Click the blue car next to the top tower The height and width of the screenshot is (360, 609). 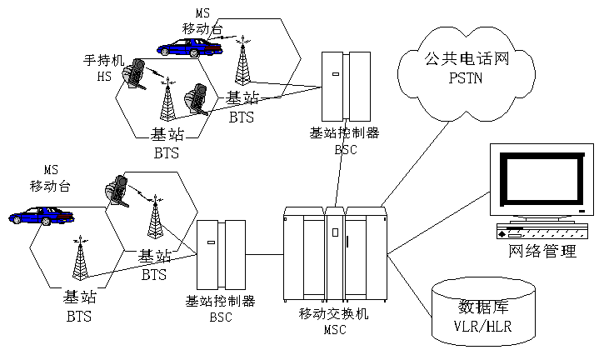coord(191,47)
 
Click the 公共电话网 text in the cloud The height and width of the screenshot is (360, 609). coord(466,60)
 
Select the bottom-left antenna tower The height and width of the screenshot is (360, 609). coord(81,261)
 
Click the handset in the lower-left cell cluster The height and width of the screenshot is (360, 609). coord(116,190)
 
